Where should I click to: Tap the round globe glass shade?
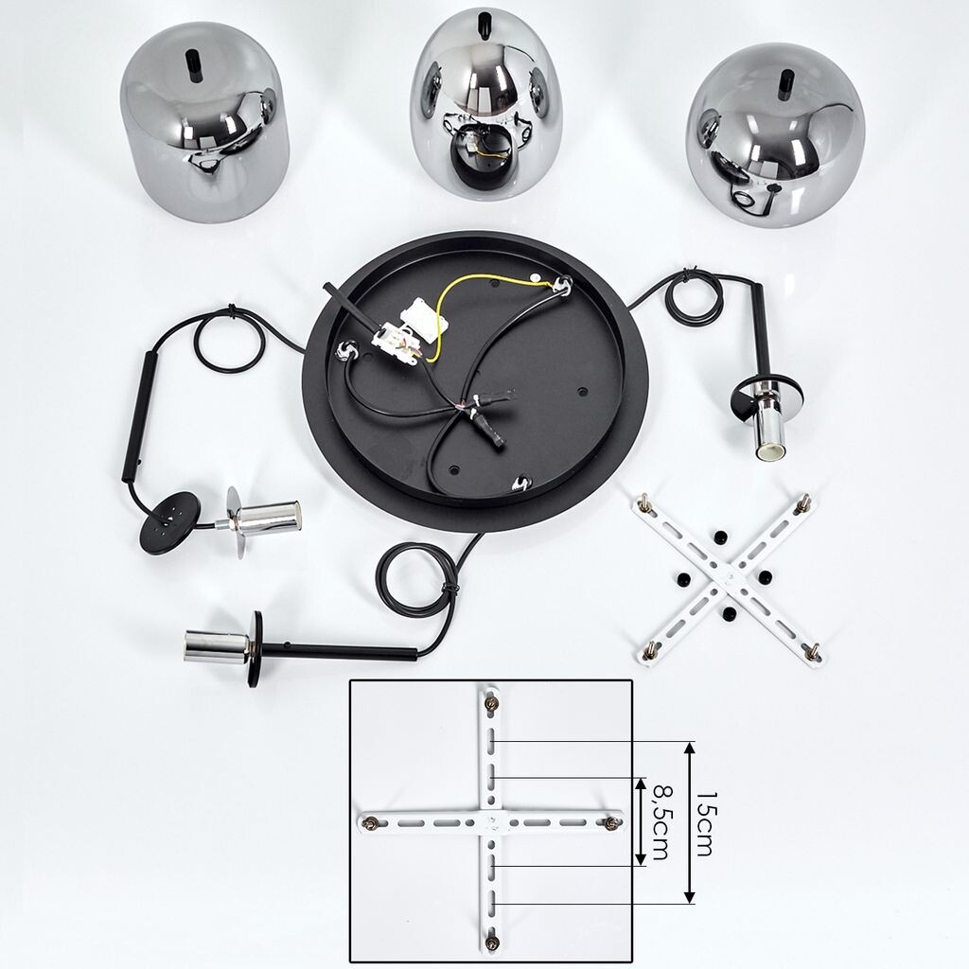[776, 133]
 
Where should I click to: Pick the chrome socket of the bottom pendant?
[218, 646]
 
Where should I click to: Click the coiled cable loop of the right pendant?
[694, 298]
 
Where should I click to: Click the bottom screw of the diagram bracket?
[492, 943]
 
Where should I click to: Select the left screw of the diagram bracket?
[371, 823]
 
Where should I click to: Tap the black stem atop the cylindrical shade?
[193, 66]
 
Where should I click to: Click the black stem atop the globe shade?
[784, 84]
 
